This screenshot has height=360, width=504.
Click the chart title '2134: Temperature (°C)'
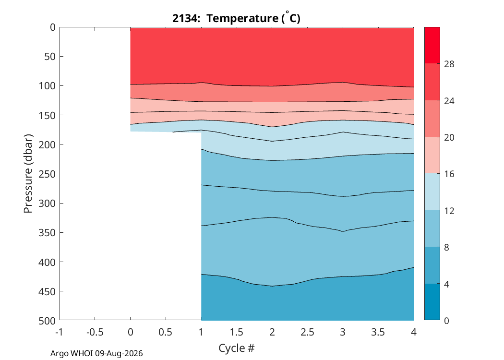coord(236,18)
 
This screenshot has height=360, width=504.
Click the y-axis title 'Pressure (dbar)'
coord(28,174)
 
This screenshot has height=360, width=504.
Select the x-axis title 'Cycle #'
coord(236,348)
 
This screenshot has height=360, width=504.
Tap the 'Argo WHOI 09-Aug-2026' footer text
coord(96,354)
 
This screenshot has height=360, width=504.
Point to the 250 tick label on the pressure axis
coord(47,174)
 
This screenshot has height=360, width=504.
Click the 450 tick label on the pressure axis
coord(47,291)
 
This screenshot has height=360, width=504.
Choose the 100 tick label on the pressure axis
coord(47,86)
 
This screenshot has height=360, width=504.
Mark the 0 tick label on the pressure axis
coord(53,27)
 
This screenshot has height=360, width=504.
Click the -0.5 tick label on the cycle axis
coord(95,332)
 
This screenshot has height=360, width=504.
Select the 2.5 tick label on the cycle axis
coord(307,332)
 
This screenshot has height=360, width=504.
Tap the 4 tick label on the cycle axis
coord(414,332)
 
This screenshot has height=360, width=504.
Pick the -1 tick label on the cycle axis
coord(59,332)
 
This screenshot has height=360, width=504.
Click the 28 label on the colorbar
coord(449,64)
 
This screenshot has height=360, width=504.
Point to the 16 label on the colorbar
coord(449,174)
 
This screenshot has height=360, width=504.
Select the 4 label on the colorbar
coord(446,284)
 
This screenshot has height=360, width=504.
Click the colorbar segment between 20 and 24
coord(432,119)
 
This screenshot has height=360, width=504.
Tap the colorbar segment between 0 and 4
coord(432,302)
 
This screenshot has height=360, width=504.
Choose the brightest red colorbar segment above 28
coord(432,45)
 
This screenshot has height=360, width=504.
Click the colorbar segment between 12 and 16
coord(432,192)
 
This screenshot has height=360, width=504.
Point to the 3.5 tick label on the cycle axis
coord(378,332)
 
